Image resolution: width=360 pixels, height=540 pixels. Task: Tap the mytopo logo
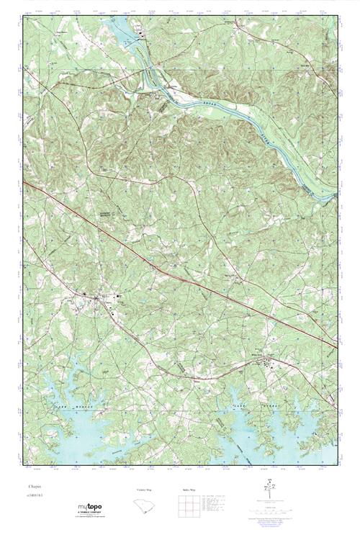coord(90,508)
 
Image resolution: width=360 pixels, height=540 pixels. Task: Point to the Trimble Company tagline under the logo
coord(90,516)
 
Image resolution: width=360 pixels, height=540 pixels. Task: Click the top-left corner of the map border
coord(24,16)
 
